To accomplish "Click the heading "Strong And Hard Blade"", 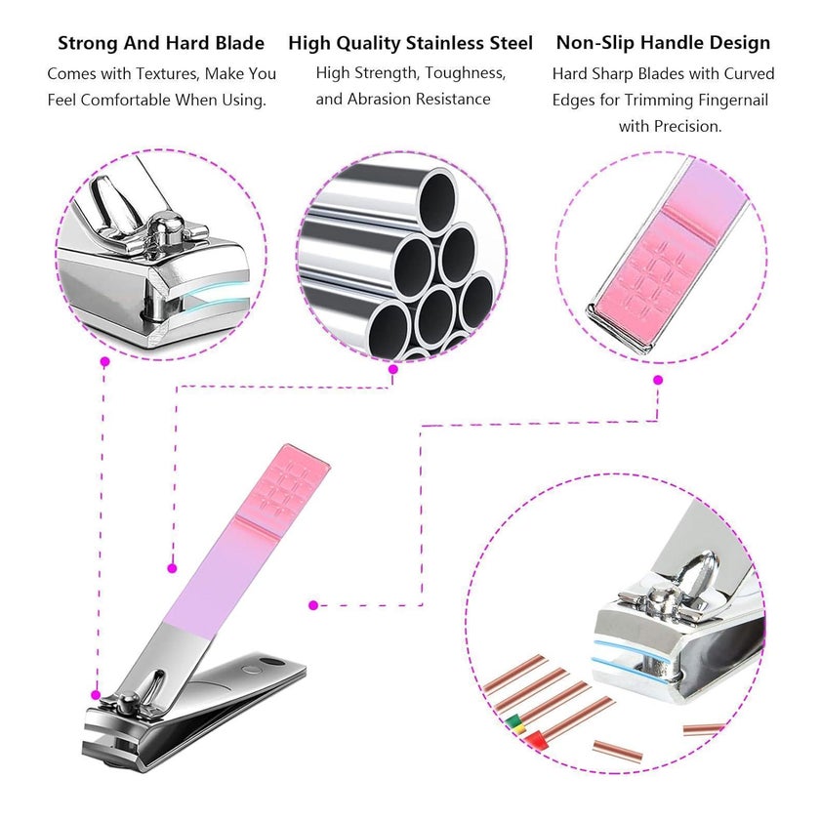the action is pos(160,43).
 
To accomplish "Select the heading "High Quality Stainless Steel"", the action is pos(411,43).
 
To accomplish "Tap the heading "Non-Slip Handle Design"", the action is pos(663,42).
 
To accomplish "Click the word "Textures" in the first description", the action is pos(167,74).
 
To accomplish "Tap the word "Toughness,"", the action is pos(466,73).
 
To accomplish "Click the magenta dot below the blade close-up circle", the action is pos(105,361).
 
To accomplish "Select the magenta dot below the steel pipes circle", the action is pos(393,369).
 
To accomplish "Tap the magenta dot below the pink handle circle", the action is pos(658,380).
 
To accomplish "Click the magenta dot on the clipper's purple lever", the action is pos(172,568).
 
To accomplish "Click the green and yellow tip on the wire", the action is pos(514,723).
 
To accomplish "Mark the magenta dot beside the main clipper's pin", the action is pos(96,695).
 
